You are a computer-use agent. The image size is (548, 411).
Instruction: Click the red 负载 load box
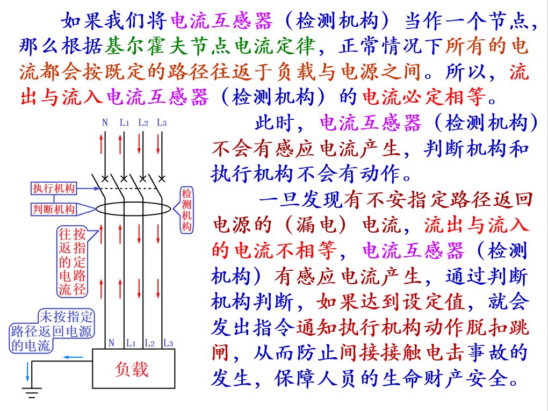click(x=132, y=369)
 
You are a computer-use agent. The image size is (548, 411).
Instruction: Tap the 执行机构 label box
click(x=54, y=188)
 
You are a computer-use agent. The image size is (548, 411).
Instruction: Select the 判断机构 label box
click(x=54, y=210)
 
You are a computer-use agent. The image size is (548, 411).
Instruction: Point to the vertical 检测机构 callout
click(x=186, y=210)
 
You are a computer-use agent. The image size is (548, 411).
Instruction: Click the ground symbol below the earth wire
click(x=32, y=395)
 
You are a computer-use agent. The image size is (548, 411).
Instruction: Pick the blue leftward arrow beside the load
click(x=74, y=357)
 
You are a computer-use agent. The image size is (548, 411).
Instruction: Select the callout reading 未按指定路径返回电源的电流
click(x=53, y=331)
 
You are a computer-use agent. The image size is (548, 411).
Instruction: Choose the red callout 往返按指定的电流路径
click(x=72, y=262)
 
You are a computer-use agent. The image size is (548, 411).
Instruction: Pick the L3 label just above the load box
click(x=168, y=343)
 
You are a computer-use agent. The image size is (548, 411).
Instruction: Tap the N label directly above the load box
click(x=111, y=343)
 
